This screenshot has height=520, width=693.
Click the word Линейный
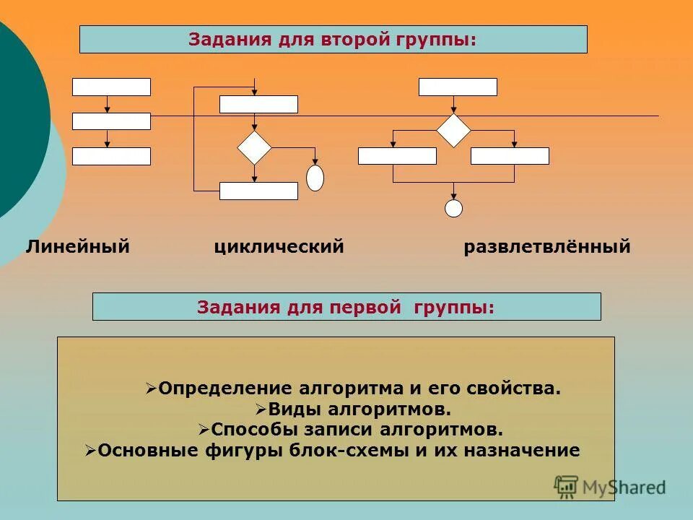78,247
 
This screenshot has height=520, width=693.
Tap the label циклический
279,247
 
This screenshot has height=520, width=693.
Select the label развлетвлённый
547,247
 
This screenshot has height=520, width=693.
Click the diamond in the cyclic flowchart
255,147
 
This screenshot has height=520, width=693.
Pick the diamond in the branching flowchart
453,131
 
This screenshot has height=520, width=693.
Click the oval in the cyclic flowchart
315,178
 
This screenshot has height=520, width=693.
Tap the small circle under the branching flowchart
453,209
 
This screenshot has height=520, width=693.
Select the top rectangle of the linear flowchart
111,87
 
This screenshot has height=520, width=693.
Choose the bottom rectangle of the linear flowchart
111,156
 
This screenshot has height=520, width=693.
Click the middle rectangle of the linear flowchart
111,121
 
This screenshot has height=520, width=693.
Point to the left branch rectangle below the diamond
397,156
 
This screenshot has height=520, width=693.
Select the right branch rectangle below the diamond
510,156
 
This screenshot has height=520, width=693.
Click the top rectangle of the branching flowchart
458,87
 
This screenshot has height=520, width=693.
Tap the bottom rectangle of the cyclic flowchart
258,191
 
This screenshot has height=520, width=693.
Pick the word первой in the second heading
365,307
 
